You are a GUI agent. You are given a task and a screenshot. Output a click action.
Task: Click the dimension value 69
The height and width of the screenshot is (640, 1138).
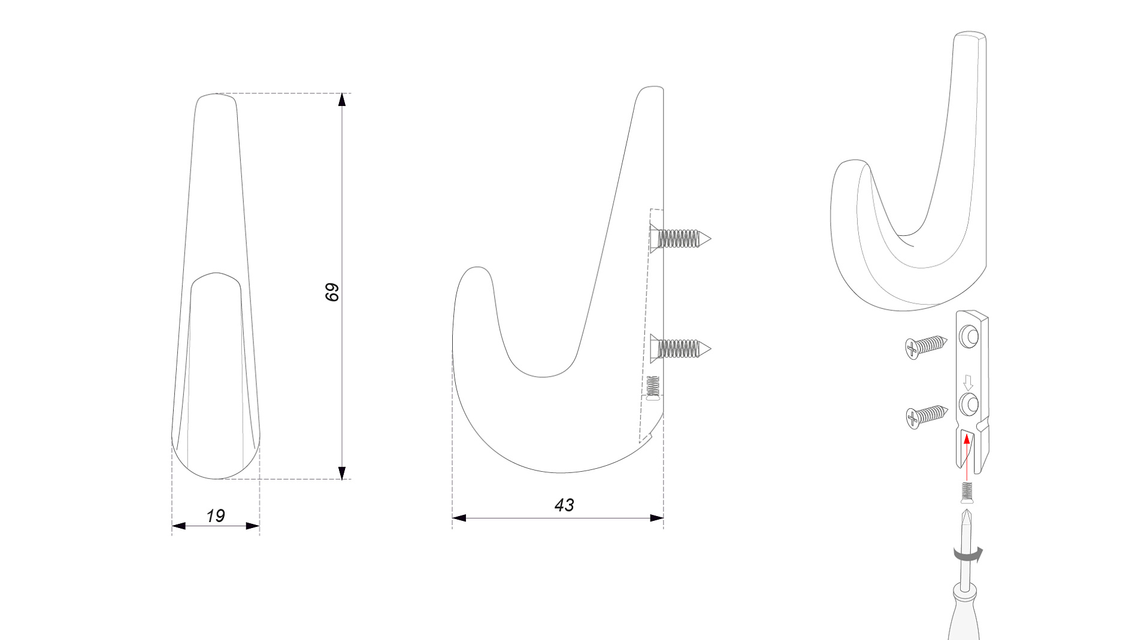332,292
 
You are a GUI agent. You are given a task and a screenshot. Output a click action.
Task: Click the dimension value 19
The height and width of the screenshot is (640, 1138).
215,515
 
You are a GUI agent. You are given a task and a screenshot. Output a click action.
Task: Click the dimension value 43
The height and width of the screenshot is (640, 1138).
564,505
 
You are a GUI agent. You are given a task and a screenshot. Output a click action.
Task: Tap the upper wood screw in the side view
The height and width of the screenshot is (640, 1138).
681,238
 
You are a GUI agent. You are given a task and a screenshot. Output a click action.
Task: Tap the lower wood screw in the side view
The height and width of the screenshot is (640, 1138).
681,348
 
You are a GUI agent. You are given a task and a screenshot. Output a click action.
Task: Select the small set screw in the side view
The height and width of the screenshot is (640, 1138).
653,387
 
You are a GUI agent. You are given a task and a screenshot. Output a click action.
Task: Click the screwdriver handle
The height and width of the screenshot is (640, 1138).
964,614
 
